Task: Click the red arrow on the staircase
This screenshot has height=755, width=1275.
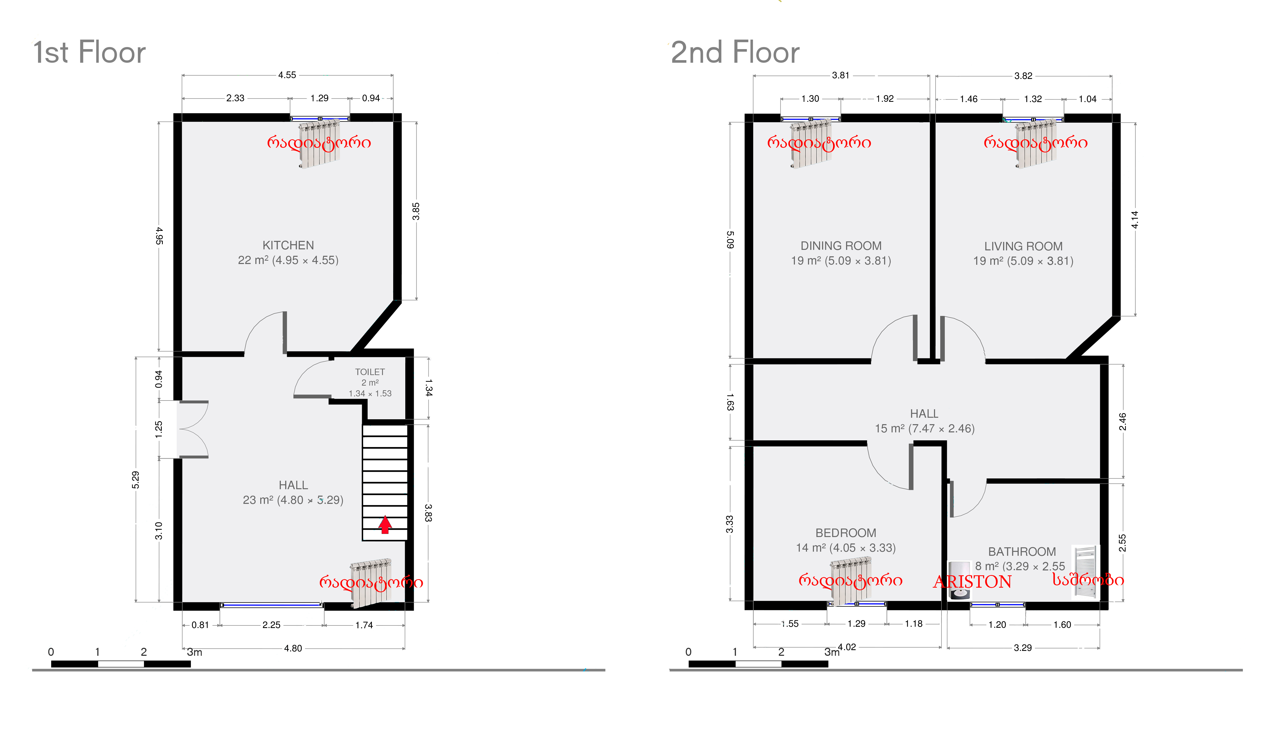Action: click(385, 524)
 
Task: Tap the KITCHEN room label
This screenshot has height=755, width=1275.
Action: click(288, 245)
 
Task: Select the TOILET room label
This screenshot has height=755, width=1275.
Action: click(370, 372)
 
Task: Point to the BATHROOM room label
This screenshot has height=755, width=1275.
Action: click(1022, 551)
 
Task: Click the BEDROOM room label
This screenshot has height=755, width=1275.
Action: click(846, 533)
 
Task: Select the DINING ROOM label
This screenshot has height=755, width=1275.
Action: click(841, 246)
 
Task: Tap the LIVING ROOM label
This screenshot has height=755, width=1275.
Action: click(1023, 246)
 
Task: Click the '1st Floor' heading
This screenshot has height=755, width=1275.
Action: click(89, 52)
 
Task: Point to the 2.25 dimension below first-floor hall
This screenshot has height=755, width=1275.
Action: click(271, 625)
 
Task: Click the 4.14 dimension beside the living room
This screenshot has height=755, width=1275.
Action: click(1135, 219)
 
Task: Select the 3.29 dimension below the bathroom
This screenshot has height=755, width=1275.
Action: click(1023, 648)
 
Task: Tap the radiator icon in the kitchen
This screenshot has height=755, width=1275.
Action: click(319, 143)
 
